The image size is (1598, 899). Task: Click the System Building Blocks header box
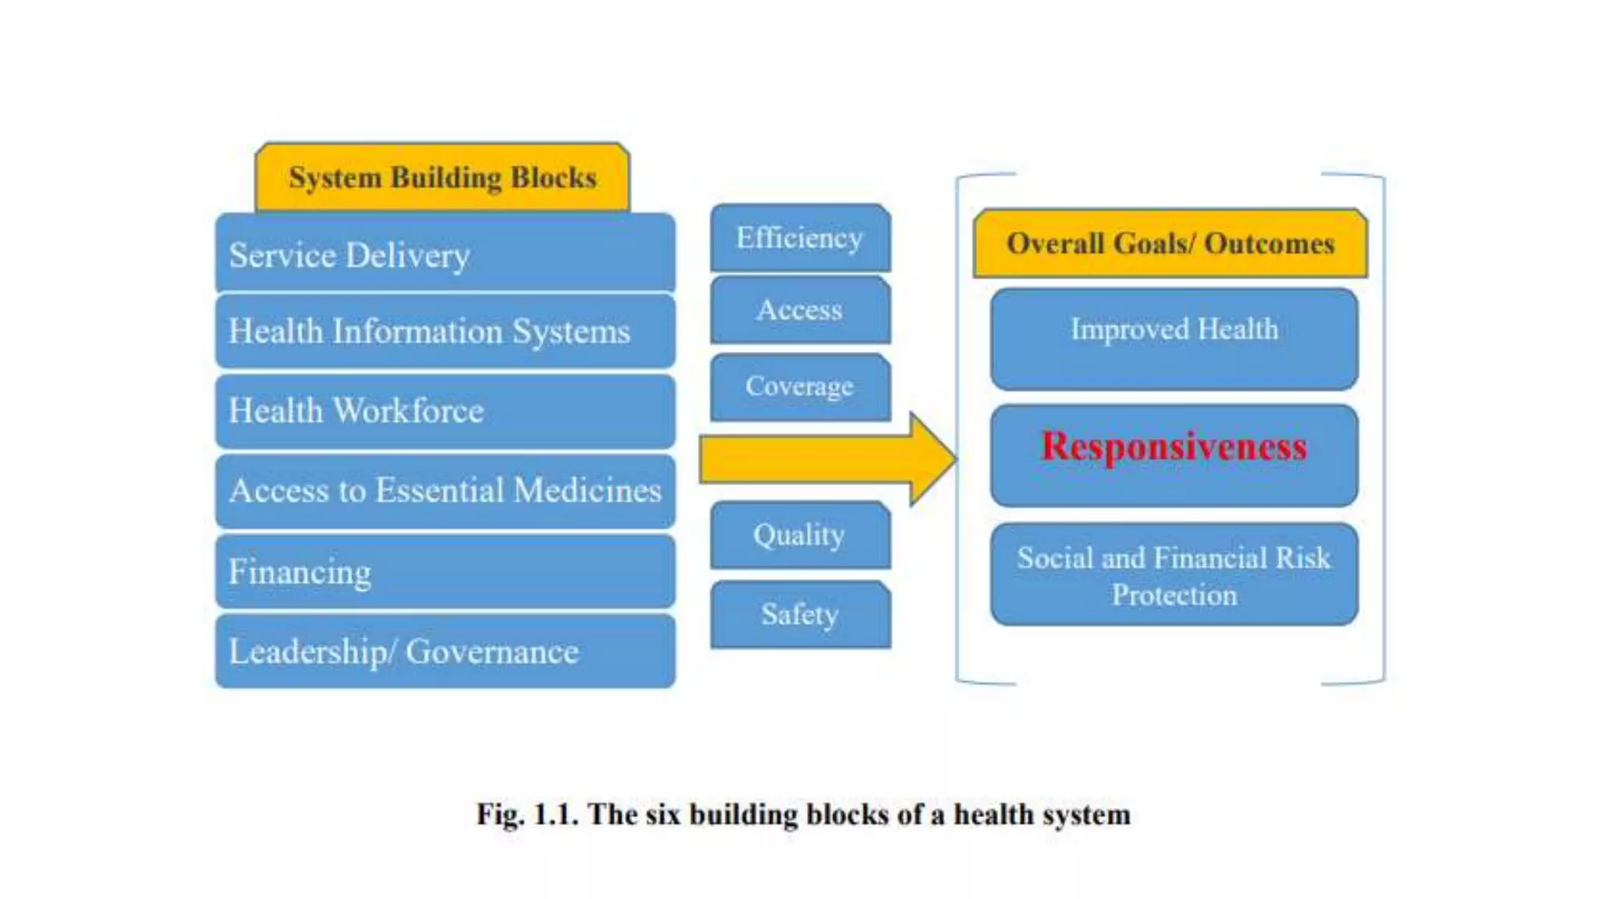[x=442, y=178]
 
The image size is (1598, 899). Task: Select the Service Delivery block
[x=445, y=254]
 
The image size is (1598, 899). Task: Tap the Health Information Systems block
[x=445, y=331]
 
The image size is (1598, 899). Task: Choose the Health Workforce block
[x=445, y=411]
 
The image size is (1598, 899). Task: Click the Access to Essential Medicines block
[x=445, y=491]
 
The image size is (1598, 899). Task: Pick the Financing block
[x=445, y=571]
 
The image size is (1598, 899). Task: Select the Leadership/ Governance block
[x=445, y=651]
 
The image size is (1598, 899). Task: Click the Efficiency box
[x=800, y=238]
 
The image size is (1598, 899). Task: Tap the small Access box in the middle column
[x=800, y=310]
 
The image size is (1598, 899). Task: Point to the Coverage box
[x=800, y=386]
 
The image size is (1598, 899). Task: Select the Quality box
[x=800, y=535]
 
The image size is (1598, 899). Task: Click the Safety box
[x=800, y=614]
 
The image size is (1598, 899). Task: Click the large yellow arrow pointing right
[x=827, y=459]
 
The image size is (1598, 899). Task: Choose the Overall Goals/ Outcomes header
[x=1170, y=243]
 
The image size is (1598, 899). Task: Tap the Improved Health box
[x=1174, y=339]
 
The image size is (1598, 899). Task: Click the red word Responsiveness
[x=1174, y=447]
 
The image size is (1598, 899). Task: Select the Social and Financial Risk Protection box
[x=1174, y=575]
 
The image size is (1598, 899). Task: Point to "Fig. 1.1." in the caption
[x=527, y=815]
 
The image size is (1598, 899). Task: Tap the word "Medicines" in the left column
[x=587, y=491]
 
